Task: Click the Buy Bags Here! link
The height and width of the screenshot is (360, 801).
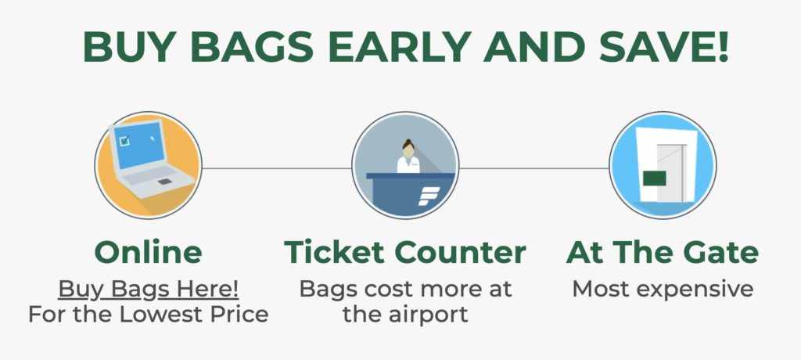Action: coord(148,289)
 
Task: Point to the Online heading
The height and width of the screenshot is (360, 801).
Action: coord(148,253)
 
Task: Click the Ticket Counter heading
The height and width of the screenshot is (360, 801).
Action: coord(405,253)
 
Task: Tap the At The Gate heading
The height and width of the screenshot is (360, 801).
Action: coord(662,253)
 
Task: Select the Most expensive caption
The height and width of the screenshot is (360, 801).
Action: coord(662,289)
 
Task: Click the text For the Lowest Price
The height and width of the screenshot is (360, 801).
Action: coord(148,315)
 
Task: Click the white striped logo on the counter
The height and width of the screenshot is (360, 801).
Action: coord(429,196)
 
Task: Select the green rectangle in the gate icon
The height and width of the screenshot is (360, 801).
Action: coord(654,179)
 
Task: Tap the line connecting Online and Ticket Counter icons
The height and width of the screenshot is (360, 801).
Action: coord(275,167)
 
